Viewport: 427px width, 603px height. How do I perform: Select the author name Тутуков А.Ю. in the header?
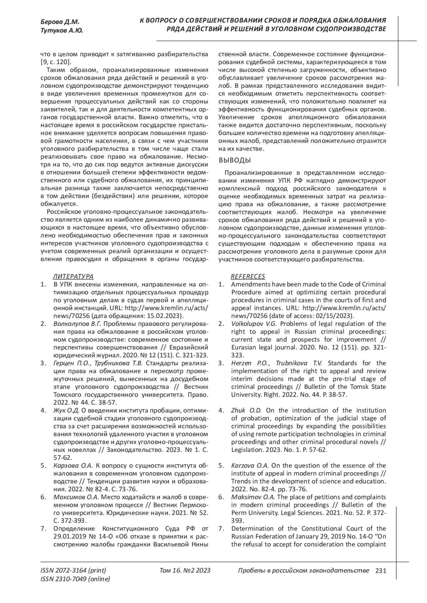pos(62,31)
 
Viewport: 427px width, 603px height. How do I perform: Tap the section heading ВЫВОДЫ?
pos(235,160)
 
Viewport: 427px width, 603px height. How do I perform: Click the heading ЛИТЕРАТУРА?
pos(73,276)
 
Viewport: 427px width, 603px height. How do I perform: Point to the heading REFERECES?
pos(248,276)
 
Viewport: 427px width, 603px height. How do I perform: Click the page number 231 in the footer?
pos(380,570)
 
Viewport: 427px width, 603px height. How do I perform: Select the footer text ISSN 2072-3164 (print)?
pos(73,570)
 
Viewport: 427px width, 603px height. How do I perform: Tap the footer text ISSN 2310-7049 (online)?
pos(75,579)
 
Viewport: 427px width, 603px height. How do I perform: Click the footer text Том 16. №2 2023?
pos(185,570)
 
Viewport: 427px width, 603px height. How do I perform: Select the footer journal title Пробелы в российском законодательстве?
pos(303,570)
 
